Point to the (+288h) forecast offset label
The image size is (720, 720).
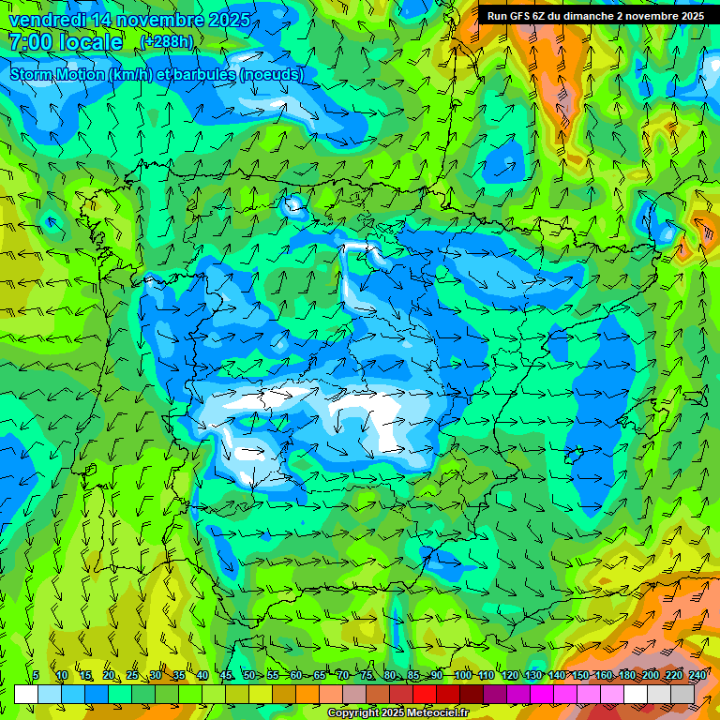point(167,42)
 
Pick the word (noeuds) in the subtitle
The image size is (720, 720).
point(271,74)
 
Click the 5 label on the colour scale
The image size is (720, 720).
point(36,676)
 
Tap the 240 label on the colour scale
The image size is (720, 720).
point(697,676)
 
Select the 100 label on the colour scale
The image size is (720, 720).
point(462,676)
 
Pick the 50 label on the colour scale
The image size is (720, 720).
point(249,676)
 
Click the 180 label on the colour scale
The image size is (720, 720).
point(627,676)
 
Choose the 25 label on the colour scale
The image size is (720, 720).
point(132,676)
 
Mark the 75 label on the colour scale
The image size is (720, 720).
point(367,676)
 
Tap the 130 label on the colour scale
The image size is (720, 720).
point(533,676)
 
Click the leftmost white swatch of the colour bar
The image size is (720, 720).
point(26,695)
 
